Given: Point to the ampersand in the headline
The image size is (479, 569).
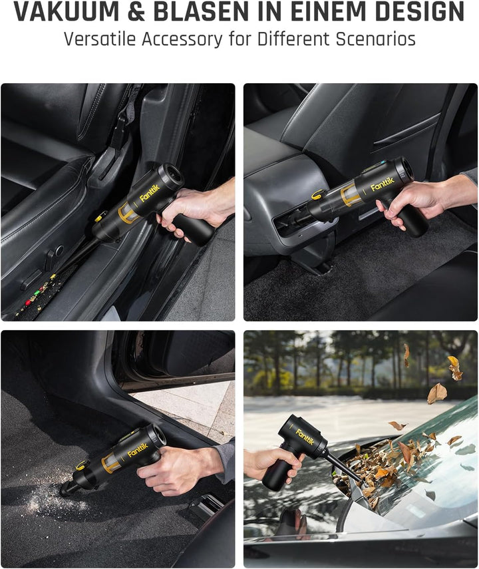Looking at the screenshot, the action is (137, 11).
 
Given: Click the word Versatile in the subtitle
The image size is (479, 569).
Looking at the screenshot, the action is (100, 39).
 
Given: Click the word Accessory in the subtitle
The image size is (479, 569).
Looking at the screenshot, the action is (182, 39).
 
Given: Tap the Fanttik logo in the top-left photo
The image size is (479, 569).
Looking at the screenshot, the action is (150, 193).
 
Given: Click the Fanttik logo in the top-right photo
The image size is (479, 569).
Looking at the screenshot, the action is (382, 184).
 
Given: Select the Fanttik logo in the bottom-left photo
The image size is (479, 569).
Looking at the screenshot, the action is (138, 450).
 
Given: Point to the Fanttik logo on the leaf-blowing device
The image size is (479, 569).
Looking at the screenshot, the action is (305, 437).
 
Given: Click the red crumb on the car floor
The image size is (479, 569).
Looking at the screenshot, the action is (27, 302).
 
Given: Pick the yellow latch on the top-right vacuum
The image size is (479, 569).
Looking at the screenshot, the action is (317, 195).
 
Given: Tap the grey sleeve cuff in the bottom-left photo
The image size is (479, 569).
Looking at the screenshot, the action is (225, 462).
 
